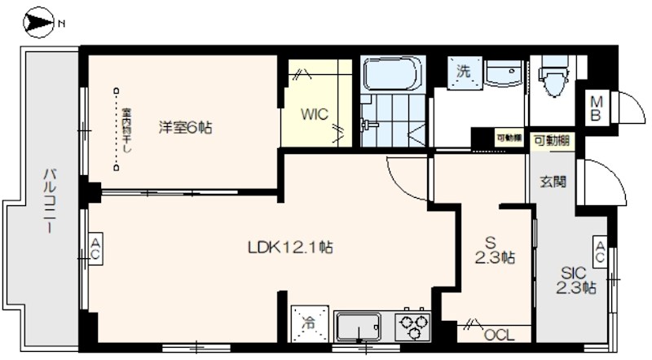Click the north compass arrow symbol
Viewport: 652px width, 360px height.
pyautogui.click(x=37, y=23)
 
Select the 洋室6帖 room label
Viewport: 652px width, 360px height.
pyautogui.click(x=185, y=127)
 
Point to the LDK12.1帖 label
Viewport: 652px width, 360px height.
pyautogui.click(x=290, y=245)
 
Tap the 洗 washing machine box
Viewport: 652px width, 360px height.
pyautogui.click(x=463, y=71)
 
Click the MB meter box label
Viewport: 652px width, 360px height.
pyautogui.click(x=597, y=108)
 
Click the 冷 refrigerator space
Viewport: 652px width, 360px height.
pyautogui.click(x=309, y=323)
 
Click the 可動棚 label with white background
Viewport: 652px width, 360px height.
pyautogui.click(x=552, y=141)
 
